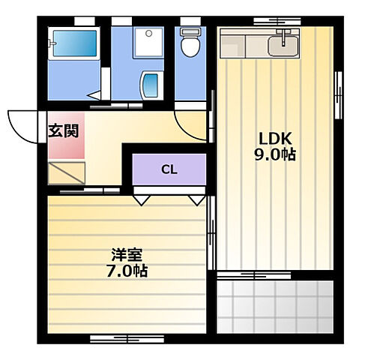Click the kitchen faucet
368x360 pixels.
284,35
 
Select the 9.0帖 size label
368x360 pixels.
275,155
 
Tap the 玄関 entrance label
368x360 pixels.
63,129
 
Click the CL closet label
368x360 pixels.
169,169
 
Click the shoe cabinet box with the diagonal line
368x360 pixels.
65,173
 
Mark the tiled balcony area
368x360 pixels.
274,307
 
